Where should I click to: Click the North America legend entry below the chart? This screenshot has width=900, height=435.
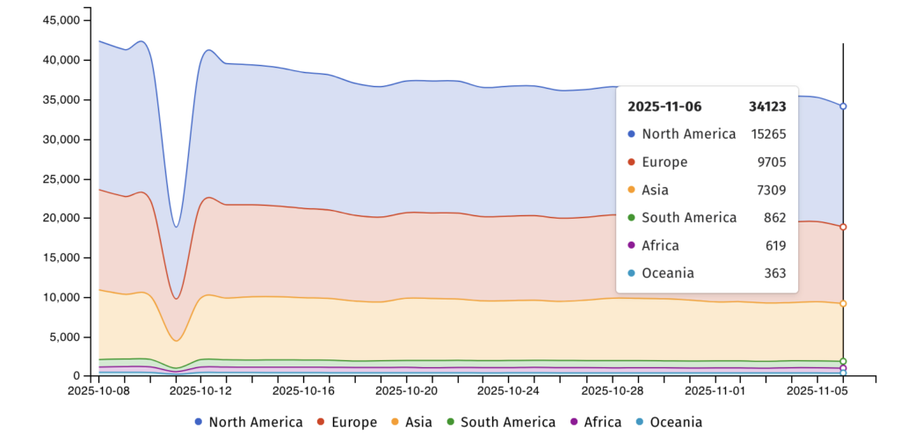pyautogui.click(x=248, y=423)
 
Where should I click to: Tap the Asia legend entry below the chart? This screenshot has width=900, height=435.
pyautogui.click(x=412, y=423)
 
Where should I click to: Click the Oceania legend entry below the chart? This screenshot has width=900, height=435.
pyautogui.click(x=667, y=423)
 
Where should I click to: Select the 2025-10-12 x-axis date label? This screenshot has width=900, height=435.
pyautogui.click(x=200, y=388)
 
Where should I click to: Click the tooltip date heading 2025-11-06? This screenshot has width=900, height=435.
pyautogui.click(x=664, y=106)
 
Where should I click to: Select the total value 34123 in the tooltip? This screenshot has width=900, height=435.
pyautogui.click(x=766, y=106)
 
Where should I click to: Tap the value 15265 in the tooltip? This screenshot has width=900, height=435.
pyautogui.click(x=768, y=134)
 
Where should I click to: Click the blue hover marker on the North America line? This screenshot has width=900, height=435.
pyautogui.click(x=843, y=106)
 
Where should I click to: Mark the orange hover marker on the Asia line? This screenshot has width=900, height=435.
pyautogui.click(x=843, y=303)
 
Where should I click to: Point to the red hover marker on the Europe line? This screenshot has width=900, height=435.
pyautogui.click(x=843, y=227)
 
